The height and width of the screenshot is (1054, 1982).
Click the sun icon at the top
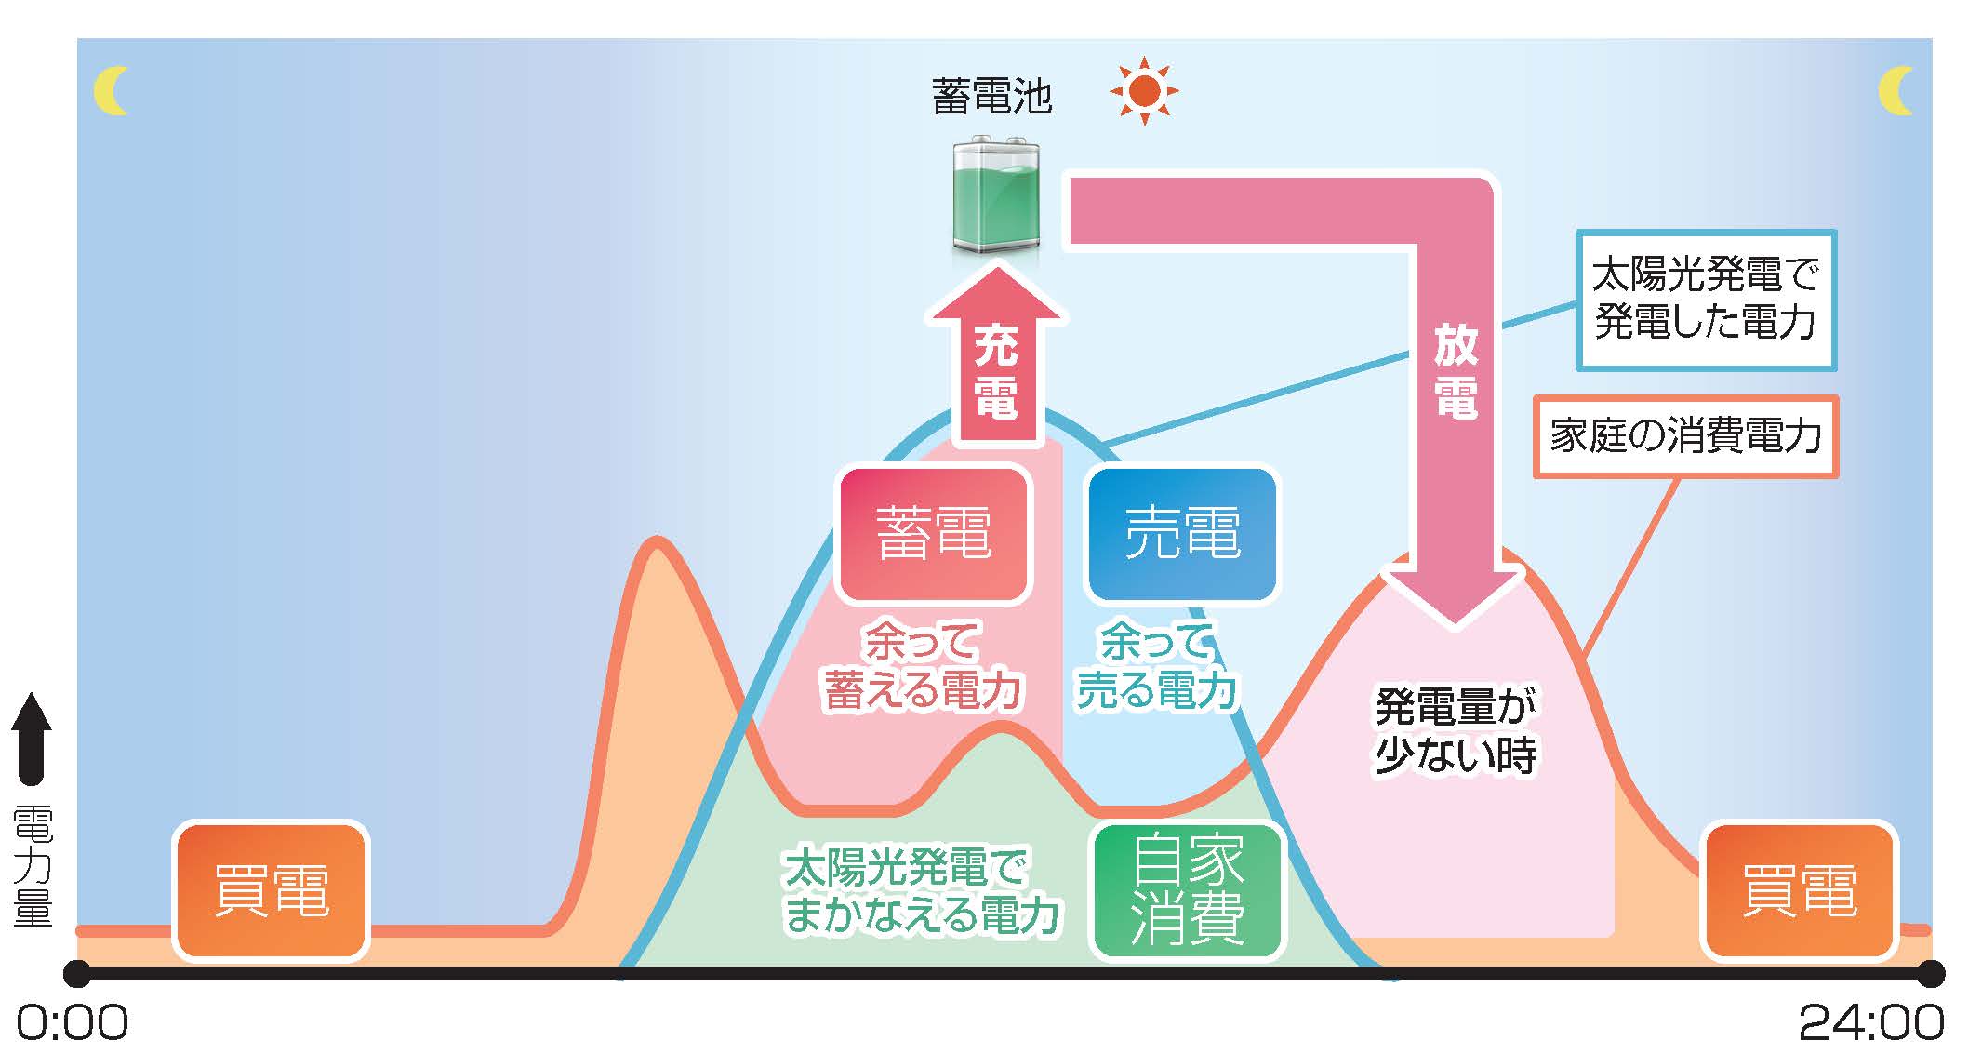[1144, 91]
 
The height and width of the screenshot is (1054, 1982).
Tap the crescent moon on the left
[111, 91]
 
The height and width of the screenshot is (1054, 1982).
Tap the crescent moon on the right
[1895, 91]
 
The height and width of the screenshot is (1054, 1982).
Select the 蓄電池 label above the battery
[991, 97]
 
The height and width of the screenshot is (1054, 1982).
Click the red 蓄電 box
[934, 535]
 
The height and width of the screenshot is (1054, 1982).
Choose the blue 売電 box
[1182, 535]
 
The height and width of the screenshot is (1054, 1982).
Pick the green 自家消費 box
[1188, 890]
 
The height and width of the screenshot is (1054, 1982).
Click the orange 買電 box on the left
[271, 890]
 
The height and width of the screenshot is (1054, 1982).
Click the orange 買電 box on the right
[1799, 890]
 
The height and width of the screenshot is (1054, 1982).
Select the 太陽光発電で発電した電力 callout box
[1706, 300]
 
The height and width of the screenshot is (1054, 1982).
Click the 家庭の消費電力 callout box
[1685, 436]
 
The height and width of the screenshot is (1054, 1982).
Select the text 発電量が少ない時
[1456, 730]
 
